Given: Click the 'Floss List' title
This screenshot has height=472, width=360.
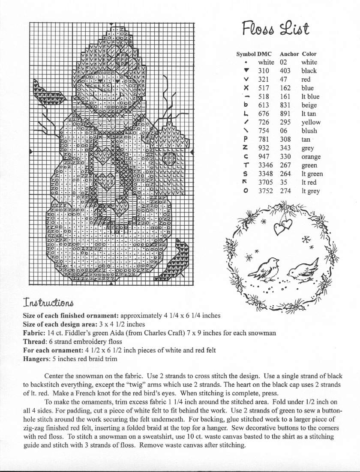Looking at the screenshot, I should [x=275, y=29].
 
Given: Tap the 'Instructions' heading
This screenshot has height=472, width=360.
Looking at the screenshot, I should [x=48, y=304].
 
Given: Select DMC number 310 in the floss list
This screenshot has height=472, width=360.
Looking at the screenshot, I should [x=264, y=71].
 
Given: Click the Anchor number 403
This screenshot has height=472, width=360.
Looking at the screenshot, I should [x=285, y=71].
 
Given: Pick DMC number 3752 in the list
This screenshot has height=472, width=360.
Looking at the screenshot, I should [x=266, y=191].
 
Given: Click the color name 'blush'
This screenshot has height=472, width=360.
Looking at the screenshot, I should [x=309, y=131].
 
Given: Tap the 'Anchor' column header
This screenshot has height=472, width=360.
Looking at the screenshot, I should [x=289, y=54].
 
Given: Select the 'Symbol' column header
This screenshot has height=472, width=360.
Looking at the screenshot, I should [x=246, y=54].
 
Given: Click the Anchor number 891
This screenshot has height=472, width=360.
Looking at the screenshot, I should [x=285, y=114].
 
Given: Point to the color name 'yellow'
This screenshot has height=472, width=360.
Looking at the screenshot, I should [x=311, y=122].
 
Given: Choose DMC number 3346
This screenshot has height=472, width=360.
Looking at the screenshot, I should [x=266, y=165].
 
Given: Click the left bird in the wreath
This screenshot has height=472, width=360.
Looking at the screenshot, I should [x=264, y=268].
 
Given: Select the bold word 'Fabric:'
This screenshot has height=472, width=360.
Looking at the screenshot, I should [x=33, y=333].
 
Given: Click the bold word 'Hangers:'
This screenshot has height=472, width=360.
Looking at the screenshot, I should [x=36, y=358].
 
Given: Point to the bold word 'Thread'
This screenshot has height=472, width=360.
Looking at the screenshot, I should [x=33, y=341].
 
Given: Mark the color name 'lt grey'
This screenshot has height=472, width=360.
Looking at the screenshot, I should [x=310, y=191].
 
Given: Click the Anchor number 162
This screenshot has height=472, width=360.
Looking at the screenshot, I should [x=285, y=88].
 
